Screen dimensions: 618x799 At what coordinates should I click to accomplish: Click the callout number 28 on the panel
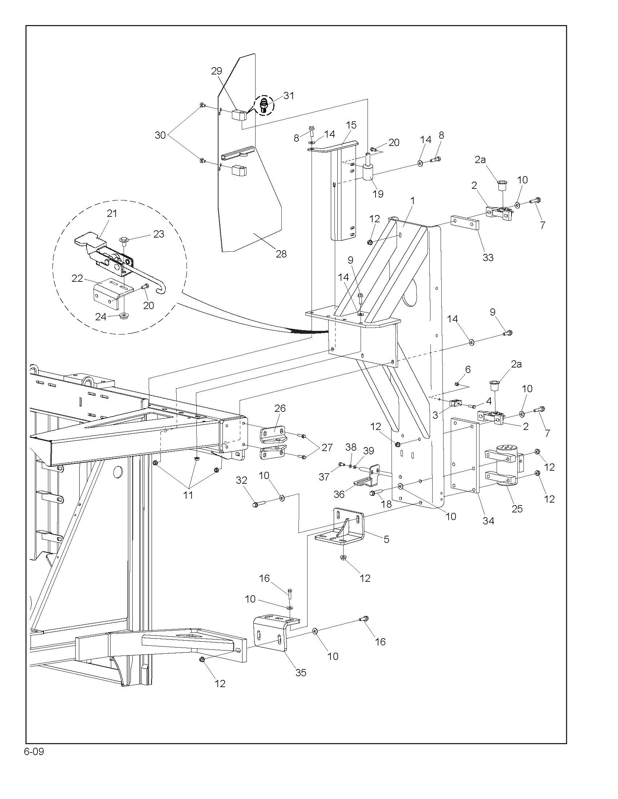281,254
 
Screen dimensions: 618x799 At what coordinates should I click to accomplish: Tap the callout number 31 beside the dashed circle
289,96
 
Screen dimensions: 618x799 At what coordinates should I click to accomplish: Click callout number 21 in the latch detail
112,213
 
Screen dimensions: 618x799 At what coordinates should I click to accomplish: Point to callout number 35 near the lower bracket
301,672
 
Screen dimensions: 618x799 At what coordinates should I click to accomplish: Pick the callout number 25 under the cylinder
517,508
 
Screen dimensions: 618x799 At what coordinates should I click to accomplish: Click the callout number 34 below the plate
488,520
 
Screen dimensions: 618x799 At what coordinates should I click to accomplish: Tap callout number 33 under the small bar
488,257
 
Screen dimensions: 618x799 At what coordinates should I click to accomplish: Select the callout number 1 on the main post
412,201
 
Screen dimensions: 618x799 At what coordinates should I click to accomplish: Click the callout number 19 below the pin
378,194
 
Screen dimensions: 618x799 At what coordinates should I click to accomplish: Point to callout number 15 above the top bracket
351,125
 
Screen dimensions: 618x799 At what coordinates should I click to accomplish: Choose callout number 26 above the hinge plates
280,408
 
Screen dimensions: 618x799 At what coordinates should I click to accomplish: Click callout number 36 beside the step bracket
339,494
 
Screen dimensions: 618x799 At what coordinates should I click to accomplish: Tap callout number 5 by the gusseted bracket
386,539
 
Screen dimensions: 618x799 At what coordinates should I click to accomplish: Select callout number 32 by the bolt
242,480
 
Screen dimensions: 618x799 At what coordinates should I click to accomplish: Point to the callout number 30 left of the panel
160,135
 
